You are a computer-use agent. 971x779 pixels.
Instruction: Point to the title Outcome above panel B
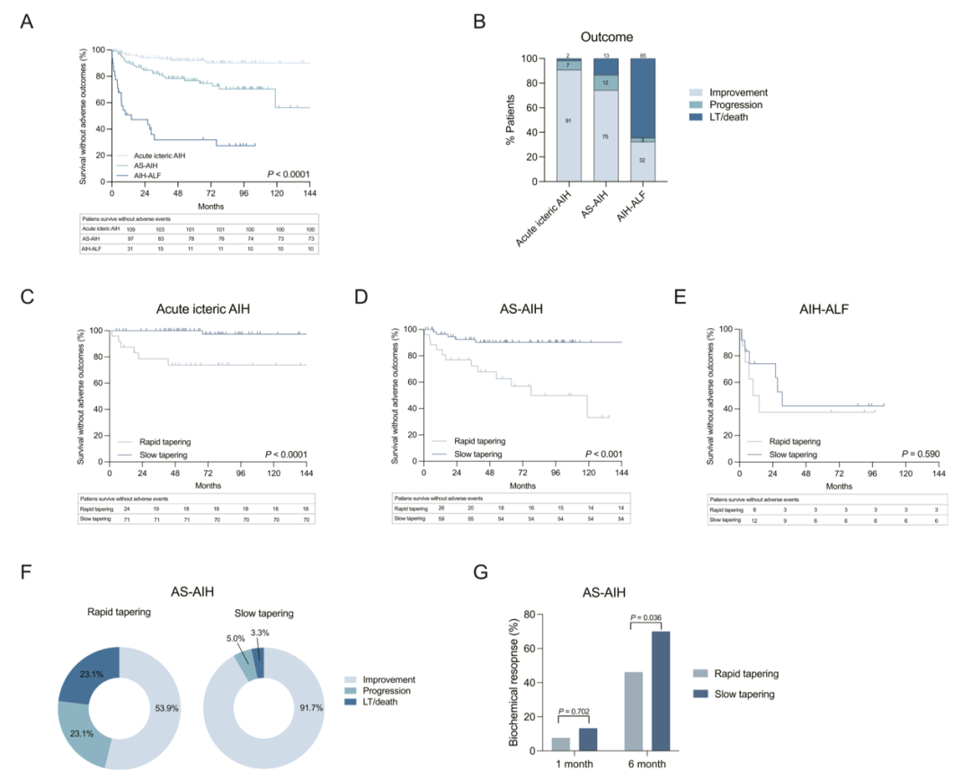click(608, 38)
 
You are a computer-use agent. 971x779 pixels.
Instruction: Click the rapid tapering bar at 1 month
click(561, 744)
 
